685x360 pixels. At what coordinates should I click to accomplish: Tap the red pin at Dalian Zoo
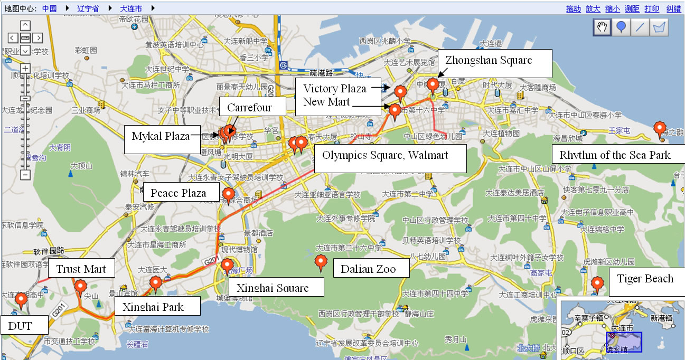coord(320,262)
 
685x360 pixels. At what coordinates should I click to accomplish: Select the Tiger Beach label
coord(645,279)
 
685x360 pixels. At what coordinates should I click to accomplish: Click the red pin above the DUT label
coord(21,299)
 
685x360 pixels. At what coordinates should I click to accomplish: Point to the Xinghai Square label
coord(273,288)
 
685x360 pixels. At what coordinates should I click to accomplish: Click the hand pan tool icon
coord(602,27)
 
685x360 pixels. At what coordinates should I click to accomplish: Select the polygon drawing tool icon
coord(659,27)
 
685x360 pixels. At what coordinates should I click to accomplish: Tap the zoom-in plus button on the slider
coord(25,68)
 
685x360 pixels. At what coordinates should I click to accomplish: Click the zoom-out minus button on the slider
coord(25,175)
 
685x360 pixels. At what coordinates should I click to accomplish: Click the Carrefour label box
coord(249,107)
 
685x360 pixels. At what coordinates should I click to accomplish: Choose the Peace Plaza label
coord(179,193)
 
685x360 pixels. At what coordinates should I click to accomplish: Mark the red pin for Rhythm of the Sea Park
coord(659,128)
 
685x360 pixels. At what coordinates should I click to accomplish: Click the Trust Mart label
coord(81,269)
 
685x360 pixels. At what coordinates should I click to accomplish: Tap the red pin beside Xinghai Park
coord(155,283)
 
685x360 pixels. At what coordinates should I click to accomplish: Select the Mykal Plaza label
coord(161,137)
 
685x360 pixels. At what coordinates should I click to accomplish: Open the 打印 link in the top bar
coord(652,8)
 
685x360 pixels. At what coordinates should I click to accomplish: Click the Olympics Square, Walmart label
coord(385,155)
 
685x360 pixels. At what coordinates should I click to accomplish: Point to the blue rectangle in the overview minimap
coord(624,342)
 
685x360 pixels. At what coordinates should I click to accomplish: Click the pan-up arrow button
coord(25,25)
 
